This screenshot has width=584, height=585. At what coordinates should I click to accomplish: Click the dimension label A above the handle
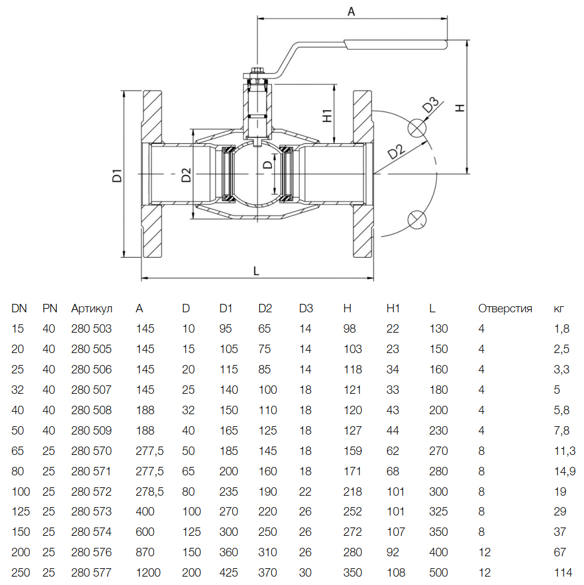pyautogui.click(x=352, y=11)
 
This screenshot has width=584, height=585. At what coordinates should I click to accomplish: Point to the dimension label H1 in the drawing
pyautogui.click(x=327, y=115)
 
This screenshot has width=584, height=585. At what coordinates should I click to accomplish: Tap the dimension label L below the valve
pyautogui.click(x=256, y=271)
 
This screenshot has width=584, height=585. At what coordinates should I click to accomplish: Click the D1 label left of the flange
pyautogui.click(x=118, y=176)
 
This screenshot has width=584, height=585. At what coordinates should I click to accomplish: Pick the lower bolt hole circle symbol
pyautogui.click(x=416, y=219)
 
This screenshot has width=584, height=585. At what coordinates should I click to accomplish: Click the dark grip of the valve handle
pyautogui.click(x=395, y=43)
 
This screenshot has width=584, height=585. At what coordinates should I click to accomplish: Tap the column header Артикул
pyautogui.click(x=92, y=309)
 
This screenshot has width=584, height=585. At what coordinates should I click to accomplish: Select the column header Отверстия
pyautogui.click(x=505, y=309)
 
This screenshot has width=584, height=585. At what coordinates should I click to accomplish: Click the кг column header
pyautogui.click(x=559, y=309)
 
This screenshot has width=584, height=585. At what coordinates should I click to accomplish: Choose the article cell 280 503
pyautogui.click(x=92, y=329)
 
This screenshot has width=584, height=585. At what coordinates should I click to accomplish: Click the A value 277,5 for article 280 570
pyautogui.click(x=150, y=451)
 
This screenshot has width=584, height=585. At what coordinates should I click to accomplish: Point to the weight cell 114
pyautogui.click(x=562, y=572)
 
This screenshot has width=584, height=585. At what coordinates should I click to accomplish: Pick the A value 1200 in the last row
pyautogui.click(x=148, y=572)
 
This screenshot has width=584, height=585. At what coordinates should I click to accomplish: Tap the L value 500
pyautogui.click(x=438, y=572)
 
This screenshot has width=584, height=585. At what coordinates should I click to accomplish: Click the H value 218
pyautogui.click(x=352, y=491)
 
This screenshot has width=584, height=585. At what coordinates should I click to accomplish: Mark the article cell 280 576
pyautogui.click(x=92, y=552)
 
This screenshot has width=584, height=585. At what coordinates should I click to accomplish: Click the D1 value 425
pyautogui.click(x=229, y=572)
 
